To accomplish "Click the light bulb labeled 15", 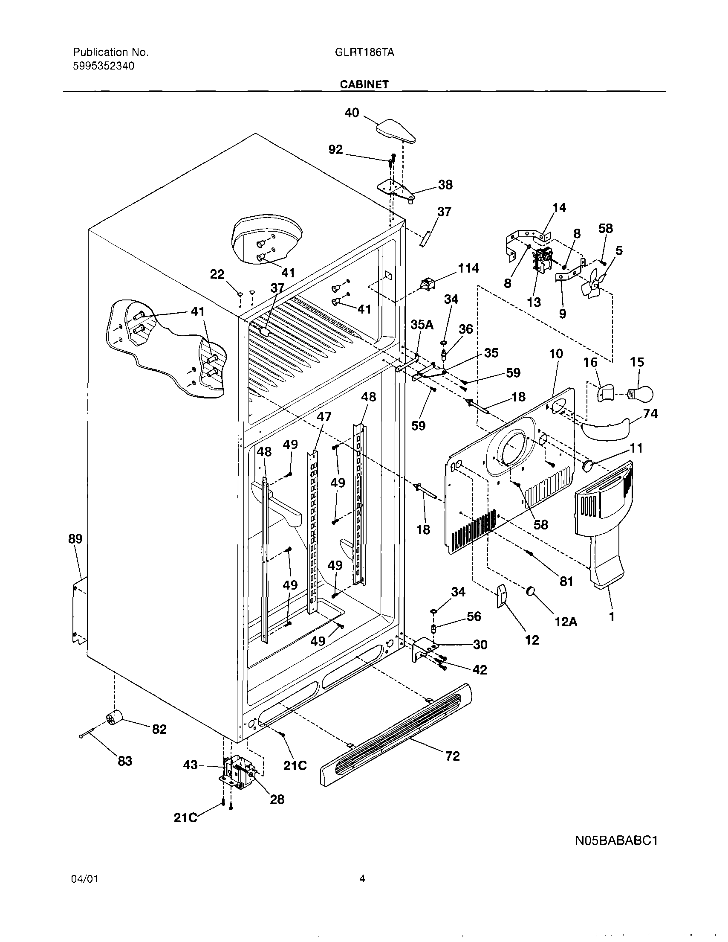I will (642, 393).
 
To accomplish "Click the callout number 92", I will (335, 150).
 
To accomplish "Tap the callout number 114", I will (468, 268).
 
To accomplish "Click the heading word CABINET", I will (364, 84).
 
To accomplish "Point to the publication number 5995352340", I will (104, 66).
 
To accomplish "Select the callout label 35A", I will (422, 325).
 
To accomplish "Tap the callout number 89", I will (75, 539).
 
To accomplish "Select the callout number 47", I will (324, 417).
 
